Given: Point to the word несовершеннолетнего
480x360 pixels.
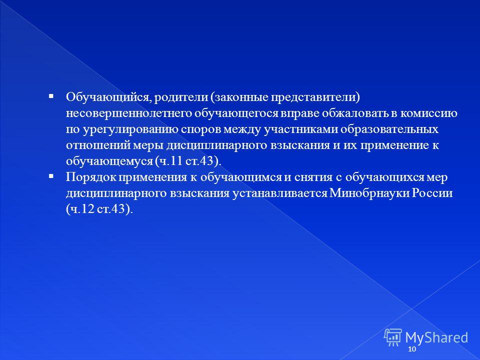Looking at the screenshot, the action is click(128, 113).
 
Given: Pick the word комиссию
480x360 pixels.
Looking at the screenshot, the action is click(429, 113).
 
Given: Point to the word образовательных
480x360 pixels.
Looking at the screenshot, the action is click(389, 129).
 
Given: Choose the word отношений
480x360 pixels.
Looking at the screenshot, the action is click(98, 145).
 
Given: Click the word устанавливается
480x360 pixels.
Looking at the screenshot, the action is click(280, 193).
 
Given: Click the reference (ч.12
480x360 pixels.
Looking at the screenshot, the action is click(80, 209).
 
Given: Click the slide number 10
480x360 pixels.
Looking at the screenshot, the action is click(412, 349).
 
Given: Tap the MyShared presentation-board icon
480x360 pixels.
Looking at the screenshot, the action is click(393, 337).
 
